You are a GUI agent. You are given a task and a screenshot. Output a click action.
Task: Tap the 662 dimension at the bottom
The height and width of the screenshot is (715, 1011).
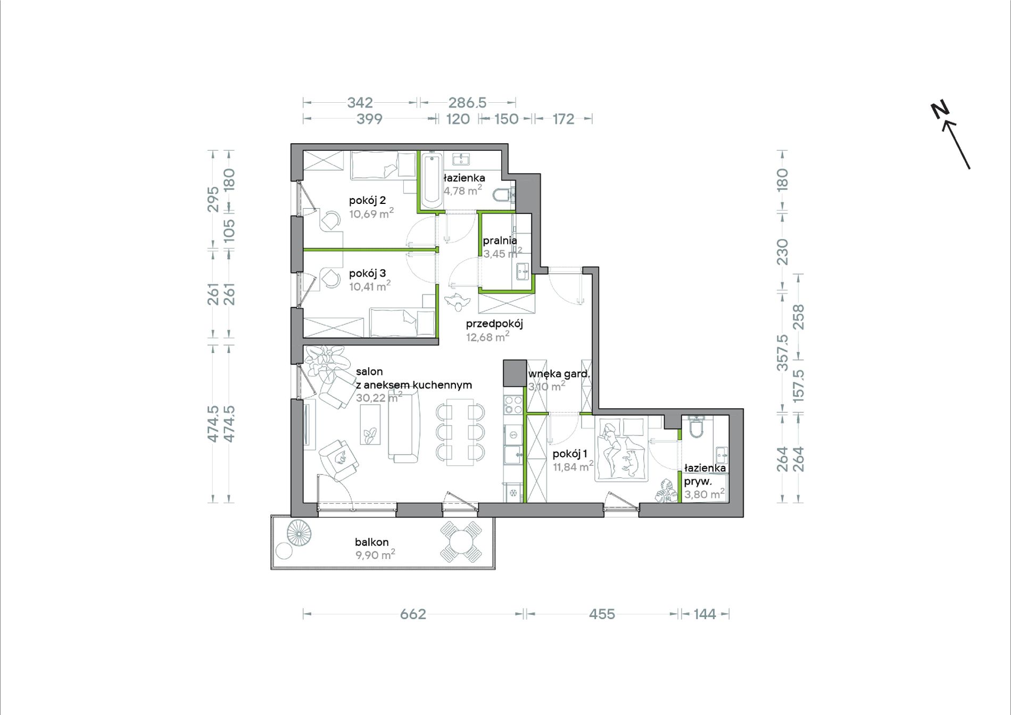click(x=413, y=614)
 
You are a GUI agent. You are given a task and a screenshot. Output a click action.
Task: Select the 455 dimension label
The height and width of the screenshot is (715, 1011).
click(x=602, y=614)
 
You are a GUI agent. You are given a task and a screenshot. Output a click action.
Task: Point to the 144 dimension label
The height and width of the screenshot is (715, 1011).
click(x=705, y=614)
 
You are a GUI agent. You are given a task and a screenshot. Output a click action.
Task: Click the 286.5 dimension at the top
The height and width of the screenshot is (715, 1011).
click(x=467, y=102)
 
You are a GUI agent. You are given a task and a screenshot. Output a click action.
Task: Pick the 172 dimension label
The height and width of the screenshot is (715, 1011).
click(x=563, y=119)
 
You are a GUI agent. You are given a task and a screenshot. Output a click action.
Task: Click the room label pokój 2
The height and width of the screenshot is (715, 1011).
click(x=367, y=200)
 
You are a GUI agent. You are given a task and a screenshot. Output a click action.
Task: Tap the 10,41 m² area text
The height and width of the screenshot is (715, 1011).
click(x=370, y=286)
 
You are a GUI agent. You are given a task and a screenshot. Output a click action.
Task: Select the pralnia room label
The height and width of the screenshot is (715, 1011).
click(x=500, y=241)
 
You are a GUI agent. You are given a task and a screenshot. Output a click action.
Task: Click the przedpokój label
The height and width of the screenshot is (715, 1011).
click(x=494, y=324)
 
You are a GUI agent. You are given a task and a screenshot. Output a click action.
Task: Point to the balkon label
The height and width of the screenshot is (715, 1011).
click(x=371, y=542)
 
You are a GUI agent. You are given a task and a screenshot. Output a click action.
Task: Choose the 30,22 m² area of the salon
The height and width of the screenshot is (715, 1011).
click(x=379, y=398)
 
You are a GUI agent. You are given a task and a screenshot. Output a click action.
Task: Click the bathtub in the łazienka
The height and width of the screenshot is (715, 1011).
click(x=430, y=179)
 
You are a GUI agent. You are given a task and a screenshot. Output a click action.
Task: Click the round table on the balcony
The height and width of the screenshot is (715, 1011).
click(x=461, y=543)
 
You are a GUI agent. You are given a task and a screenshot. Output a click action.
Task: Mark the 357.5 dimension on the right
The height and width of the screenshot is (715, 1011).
click(x=782, y=352)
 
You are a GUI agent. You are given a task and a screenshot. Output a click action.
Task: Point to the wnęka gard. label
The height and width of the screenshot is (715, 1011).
click(x=559, y=374)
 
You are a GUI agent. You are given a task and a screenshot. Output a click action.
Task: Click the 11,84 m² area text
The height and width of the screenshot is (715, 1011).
click(x=573, y=467)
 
